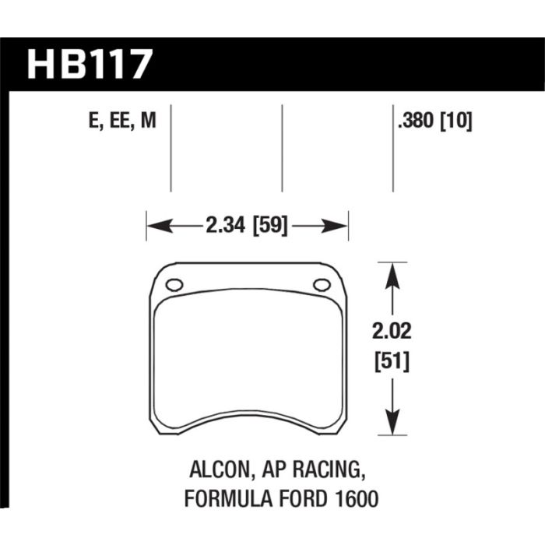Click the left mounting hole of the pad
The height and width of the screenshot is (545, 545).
pos(174,285)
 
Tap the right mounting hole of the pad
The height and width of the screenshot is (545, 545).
pos(321,285)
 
